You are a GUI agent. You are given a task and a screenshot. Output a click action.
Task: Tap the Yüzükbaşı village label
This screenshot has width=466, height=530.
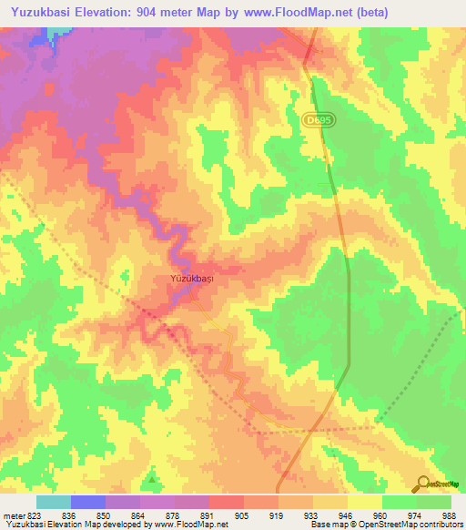coord(192,280)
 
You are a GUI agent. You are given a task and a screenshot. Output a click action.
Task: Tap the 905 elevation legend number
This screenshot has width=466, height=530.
coord(243,515)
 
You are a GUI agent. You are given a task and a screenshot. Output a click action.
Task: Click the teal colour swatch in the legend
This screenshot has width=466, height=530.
coord(54,502)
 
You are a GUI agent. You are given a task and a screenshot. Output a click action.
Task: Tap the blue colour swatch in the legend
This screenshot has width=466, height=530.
coord(88,502)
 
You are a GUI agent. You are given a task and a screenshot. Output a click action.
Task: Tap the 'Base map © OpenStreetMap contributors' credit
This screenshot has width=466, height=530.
coord(386,525)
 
